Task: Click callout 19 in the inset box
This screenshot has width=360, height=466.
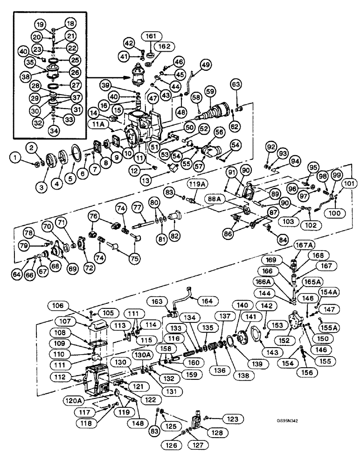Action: pyautogui.click(x=40, y=25)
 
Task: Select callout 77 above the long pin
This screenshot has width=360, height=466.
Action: pyautogui.click(x=137, y=206)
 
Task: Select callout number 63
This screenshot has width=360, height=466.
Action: pyautogui.click(x=235, y=84)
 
